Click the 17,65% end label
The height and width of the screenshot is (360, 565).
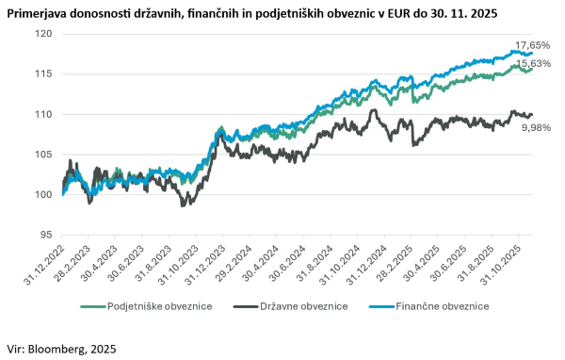click(531, 45)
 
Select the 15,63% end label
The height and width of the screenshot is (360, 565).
click(531, 64)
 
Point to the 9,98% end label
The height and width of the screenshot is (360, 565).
click(538, 127)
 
